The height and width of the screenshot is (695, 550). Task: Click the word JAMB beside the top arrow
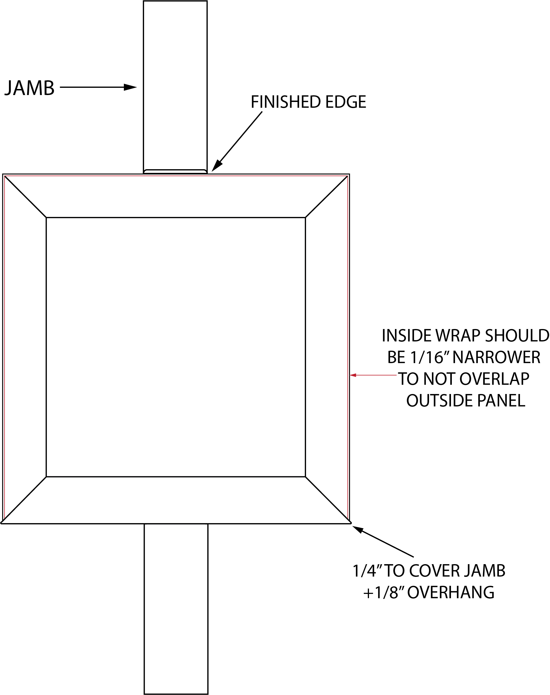(30, 88)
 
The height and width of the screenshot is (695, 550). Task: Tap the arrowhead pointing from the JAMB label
(130, 87)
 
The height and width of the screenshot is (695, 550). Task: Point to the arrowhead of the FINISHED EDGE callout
(217, 166)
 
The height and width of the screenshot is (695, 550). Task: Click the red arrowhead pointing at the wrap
(353, 375)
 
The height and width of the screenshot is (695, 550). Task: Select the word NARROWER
(497, 357)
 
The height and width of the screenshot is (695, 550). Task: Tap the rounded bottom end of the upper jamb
(175, 171)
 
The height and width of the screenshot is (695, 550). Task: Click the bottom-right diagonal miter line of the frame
(327, 499)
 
